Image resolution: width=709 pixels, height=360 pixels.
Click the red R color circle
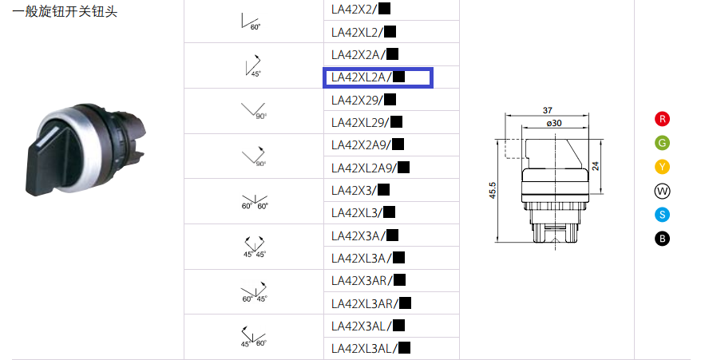coord(662,119)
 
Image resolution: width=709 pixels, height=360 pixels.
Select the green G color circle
coord(662,143)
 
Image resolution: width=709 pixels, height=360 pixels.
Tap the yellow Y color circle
coord(662,167)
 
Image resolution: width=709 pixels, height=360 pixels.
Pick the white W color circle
coord(662,191)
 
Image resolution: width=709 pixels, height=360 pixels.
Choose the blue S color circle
coord(662,215)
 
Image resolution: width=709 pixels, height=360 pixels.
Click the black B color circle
coord(662,239)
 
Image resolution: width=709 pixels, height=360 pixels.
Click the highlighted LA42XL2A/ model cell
coord(378,77)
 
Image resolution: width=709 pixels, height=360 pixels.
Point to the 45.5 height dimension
coord(493,191)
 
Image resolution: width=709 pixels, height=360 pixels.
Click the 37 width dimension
coord(547,110)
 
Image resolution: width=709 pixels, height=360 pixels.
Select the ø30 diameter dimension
coord(554,123)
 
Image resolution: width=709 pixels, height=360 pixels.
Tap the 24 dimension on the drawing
coord(596,166)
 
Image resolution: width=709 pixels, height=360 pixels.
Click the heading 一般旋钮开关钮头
coord(65,11)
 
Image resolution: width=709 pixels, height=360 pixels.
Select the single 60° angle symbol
coord(251,22)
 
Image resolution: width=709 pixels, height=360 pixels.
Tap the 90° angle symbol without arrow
coord(254,111)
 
